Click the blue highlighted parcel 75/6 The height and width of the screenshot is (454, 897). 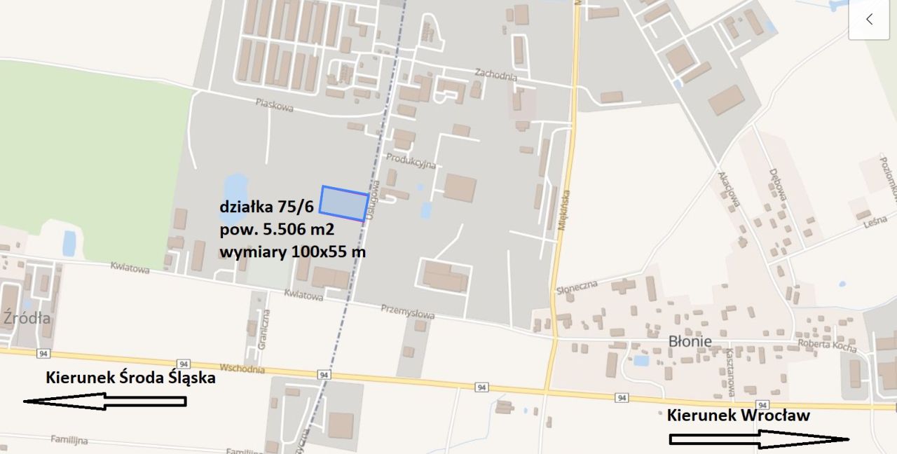pos(344,203)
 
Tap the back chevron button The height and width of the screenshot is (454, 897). pos(869,19)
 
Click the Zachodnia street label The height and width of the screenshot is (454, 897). pos(495,74)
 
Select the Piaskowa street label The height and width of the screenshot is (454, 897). pos(274,105)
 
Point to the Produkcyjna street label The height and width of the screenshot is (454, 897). pos(411,160)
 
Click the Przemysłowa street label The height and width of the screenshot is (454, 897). pos(407,311)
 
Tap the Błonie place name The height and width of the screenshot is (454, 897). pos(690,341)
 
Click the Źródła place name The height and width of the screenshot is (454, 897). pos(27,318)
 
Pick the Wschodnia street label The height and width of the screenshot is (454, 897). pos(242,369)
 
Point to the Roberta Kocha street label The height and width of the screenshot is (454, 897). pos(828,345)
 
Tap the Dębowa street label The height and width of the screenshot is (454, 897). pos(775,184)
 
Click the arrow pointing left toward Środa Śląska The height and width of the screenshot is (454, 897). pos(105,401)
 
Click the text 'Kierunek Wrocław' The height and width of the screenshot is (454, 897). pos(738,415)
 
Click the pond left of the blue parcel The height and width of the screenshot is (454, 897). pos(234,190)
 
